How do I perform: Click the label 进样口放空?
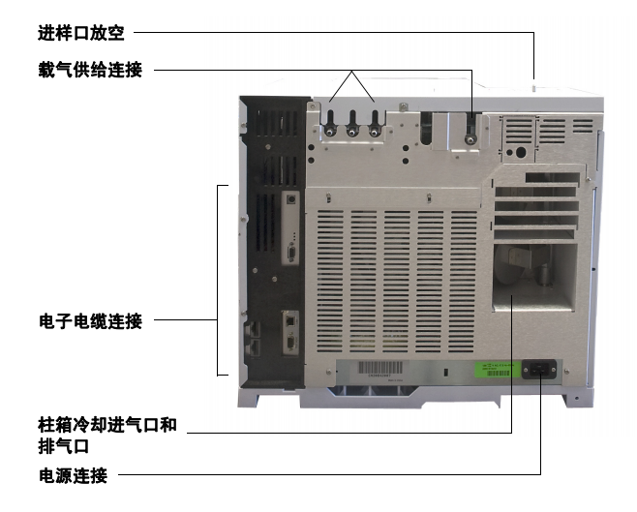click(x=81, y=33)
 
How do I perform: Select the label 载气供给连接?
click(x=90, y=70)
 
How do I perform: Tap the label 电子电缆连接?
click(x=90, y=321)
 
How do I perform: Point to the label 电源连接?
click(x=74, y=475)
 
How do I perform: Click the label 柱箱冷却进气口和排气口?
click(x=107, y=436)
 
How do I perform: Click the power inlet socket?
click(x=539, y=369)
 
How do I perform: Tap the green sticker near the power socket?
click(x=498, y=370)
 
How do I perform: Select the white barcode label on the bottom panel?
click(x=379, y=369)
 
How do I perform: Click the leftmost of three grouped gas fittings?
click(x=330, y=132)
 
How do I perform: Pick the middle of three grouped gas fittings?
click(x=351, y=132)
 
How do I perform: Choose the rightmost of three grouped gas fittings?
click(x=374, y=132)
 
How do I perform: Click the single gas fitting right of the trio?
click(x=470, y=139)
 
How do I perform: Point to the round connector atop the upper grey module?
click(x=290, y=199)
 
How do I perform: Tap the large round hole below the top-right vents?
click(x=520, y=153)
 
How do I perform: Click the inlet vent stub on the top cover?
click(x=533, y=86)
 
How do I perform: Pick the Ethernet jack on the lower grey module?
click(x=290, y=320)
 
